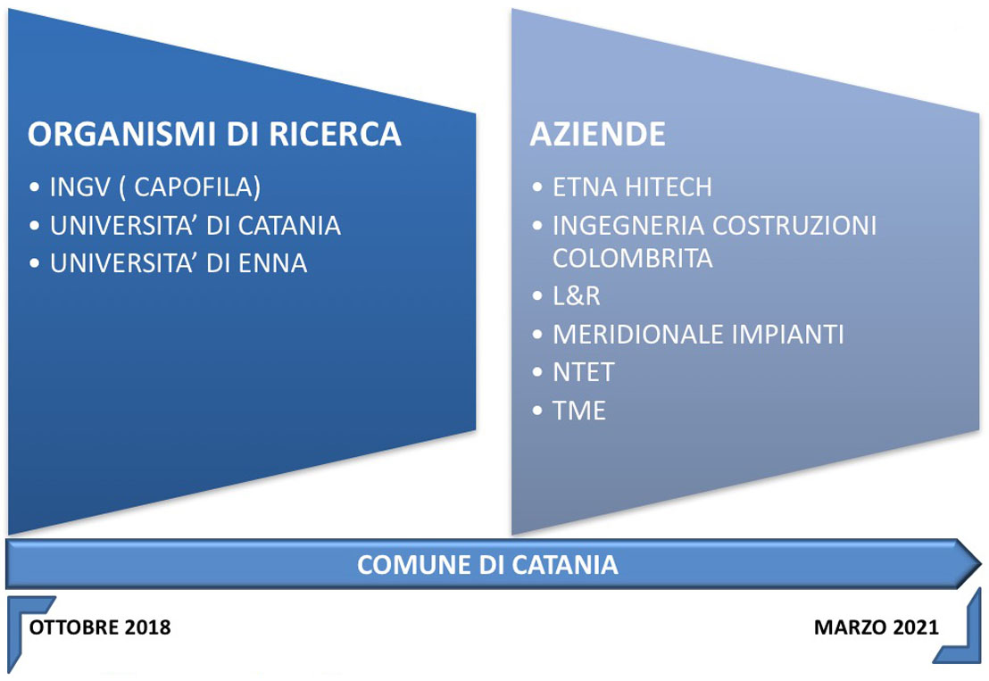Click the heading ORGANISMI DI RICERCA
214,134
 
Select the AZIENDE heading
597,134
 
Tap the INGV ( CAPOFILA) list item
155,187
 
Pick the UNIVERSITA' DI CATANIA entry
195,226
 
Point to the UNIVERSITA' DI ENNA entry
179,263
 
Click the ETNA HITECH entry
632,187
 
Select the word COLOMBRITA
633,258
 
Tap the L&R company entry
576,296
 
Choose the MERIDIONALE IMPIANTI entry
698,334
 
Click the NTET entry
584,373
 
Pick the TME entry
579,411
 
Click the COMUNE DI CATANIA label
487,564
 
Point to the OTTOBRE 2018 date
100,627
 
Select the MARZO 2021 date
877,627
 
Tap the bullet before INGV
34,188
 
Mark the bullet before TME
537,411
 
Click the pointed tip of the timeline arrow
981,563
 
